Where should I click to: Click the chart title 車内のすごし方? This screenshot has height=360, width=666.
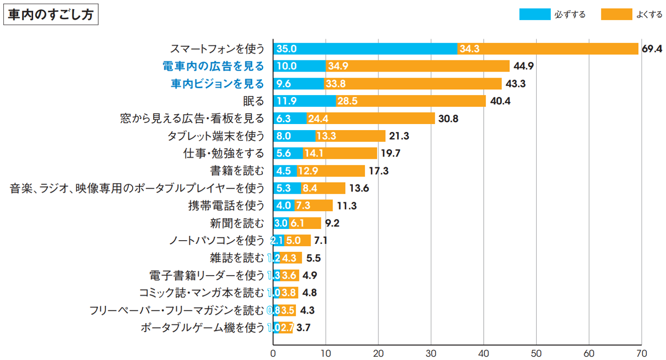click(51, 15)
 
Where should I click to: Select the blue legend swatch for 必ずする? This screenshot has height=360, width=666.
click(534, 15)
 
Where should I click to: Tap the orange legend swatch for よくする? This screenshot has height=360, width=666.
click(616, 15)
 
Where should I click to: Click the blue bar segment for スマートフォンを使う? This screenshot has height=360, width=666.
click(365, 49)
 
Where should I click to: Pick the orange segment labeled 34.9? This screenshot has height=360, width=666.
click(417, 66)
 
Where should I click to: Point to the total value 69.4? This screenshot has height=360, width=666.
click(651, 49)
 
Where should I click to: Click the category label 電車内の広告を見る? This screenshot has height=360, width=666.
click(213, 66)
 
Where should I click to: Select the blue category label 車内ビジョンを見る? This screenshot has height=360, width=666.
click(217, 84)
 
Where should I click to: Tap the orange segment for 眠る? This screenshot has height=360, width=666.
click(411, 101)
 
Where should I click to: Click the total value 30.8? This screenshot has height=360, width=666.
click(448, 119)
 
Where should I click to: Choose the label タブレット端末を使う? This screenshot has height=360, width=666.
click(216, 136)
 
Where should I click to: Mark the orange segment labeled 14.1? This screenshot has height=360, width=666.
click(340, 154)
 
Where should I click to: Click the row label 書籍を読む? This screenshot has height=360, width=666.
click(237, 171)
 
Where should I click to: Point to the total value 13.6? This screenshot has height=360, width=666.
click(359, 189)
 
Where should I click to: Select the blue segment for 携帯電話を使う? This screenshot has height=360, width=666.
click(283, 206)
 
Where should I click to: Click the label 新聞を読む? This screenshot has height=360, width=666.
click(237, 223)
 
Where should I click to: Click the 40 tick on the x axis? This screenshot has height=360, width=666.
click(484, 352)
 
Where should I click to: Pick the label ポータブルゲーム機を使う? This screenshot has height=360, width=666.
click(203, 328)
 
